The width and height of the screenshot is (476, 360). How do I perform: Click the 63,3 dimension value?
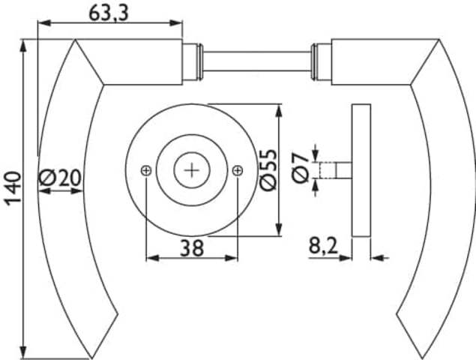[x=109, y=13]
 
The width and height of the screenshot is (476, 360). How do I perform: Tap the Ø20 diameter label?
[x=60, y=178]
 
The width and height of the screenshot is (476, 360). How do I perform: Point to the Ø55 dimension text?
[x=268, y=169]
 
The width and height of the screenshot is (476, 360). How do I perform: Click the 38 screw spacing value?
[x=192, y=247]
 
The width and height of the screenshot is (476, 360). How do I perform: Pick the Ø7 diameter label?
[x=301, y=168]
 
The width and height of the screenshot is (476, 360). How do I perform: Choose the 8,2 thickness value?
[x=323, y=245]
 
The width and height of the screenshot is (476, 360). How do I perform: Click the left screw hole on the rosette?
[x=146, y=171]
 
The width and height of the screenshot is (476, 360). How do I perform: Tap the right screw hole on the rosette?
[x=238, y=171]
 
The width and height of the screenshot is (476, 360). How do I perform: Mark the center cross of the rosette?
[x=192, y=170]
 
